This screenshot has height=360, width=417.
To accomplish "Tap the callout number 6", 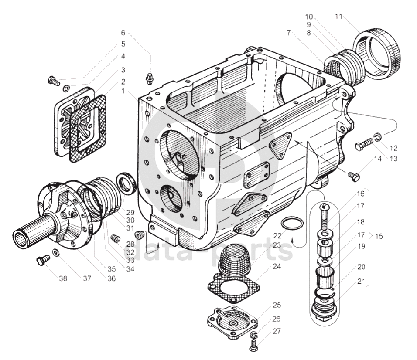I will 123,33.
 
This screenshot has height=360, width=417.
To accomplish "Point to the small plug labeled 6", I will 150,79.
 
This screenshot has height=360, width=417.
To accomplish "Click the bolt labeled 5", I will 54,81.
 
